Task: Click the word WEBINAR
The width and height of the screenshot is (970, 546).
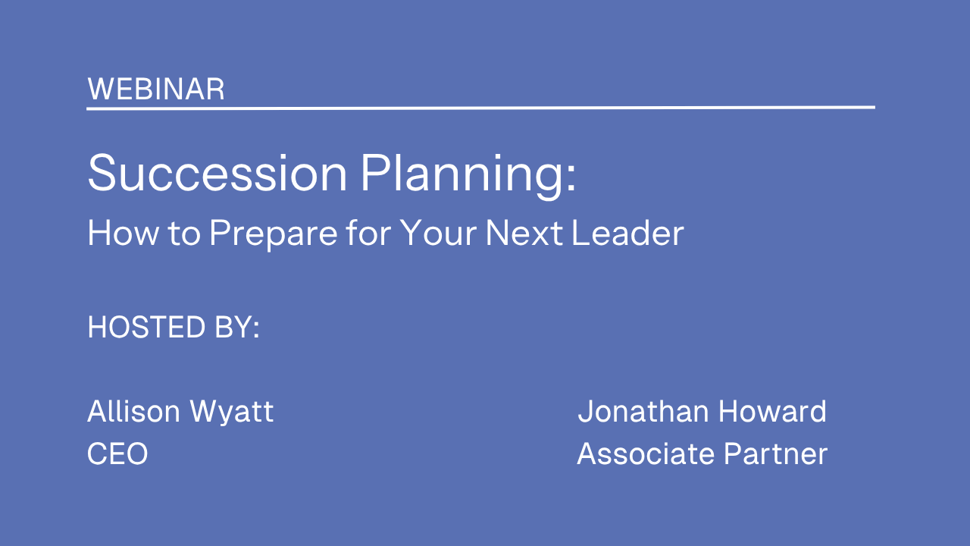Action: pos(156,89)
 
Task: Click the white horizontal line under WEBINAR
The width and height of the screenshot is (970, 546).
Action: pos(480,108)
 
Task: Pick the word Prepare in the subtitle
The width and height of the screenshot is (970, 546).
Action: pos(274,235)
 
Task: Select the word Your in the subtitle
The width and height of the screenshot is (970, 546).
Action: pos(437,233)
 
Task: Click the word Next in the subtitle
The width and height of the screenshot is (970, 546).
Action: pos(524,233)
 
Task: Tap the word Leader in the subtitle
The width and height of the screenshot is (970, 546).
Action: pos(627,233)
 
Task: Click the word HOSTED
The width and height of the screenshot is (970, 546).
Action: pos(146,327)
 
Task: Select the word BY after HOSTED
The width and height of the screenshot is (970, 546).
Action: pos(234,327)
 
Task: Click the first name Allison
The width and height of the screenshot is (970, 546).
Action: pos(133,411)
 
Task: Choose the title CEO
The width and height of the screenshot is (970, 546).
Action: pos(117,453)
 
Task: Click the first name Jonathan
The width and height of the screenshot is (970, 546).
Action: pos(643,411)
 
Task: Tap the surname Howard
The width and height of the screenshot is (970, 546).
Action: pos(772,411)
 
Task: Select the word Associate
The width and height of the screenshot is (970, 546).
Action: pos(646,453)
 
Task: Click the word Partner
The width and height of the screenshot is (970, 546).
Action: pos(775,453)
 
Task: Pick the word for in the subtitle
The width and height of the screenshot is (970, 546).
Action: pos(368,233)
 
